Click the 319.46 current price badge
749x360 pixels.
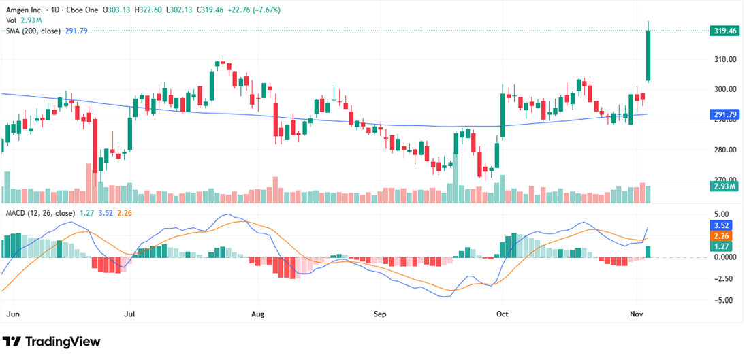pyautogui.click(x=724, y=31)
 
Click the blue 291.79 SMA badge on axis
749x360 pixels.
pyautogui.click(x=724, y=114)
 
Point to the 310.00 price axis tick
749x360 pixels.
pyautogui.click(x=724, y=59)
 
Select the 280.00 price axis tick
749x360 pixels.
pyautogui.click(x=724, y=150)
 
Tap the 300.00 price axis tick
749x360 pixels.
pyautogui.click(x=724, y=89)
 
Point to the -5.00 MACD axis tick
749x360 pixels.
pyautogui.click(x=724, y=300)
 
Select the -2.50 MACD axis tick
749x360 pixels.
pyautogui.click(x=724, y=278)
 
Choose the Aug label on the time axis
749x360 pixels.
pyautogui.click(x=257, y=315)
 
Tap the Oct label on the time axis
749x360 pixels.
pyautogui.click(x=502, y=315)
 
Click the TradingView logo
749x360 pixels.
pyautogui.click(x=51, y=342)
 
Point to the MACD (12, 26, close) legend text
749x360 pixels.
pyautogui.click(x=39, y=213)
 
